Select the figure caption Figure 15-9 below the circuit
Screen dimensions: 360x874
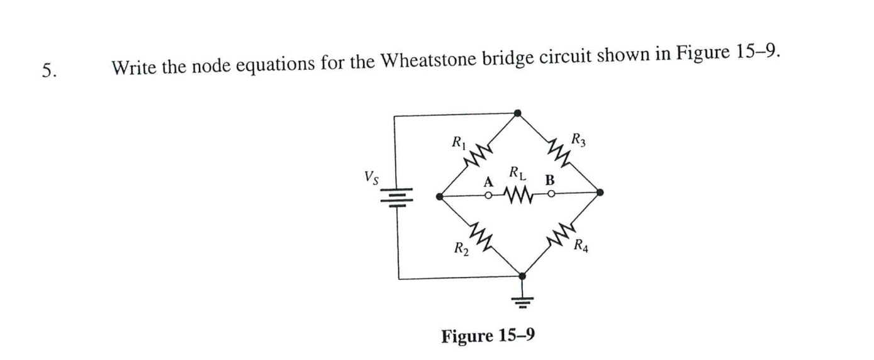coord(488,335)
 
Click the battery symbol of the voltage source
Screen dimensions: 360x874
coord(398,197)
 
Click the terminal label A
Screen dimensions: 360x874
coord(486,183)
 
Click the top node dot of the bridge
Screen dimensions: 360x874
coord(517,113)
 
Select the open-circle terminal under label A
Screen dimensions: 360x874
coord(488,196)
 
